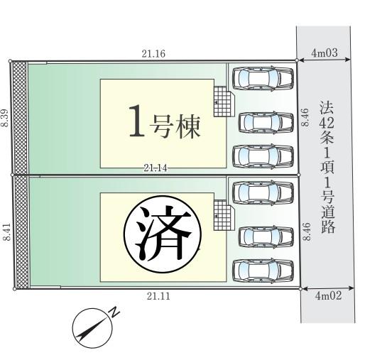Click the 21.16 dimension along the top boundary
(x=153, y=54)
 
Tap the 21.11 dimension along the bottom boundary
(x=158, y=296)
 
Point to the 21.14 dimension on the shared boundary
(x=156, y=168)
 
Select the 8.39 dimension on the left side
(x=5, y=118)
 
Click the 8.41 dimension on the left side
(x=7, y=231)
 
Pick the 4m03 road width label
(x=325, y=53)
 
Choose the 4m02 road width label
(x=328, y=296)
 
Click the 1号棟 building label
(x=165, y=121)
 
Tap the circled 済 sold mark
(x=163, y=234)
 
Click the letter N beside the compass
(x=114, y=312)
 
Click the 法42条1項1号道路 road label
(x=327, y=167)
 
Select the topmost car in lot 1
(x=263, y=79)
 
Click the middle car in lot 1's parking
(x=266, y=122)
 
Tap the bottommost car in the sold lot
(x=263, y=271)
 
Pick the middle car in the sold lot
(x=266, y=236)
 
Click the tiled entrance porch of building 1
(x=223, y=102)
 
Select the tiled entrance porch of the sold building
(x=223, y=215)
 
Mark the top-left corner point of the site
(x=10, y=61)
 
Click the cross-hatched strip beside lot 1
(x=20, y=118)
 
